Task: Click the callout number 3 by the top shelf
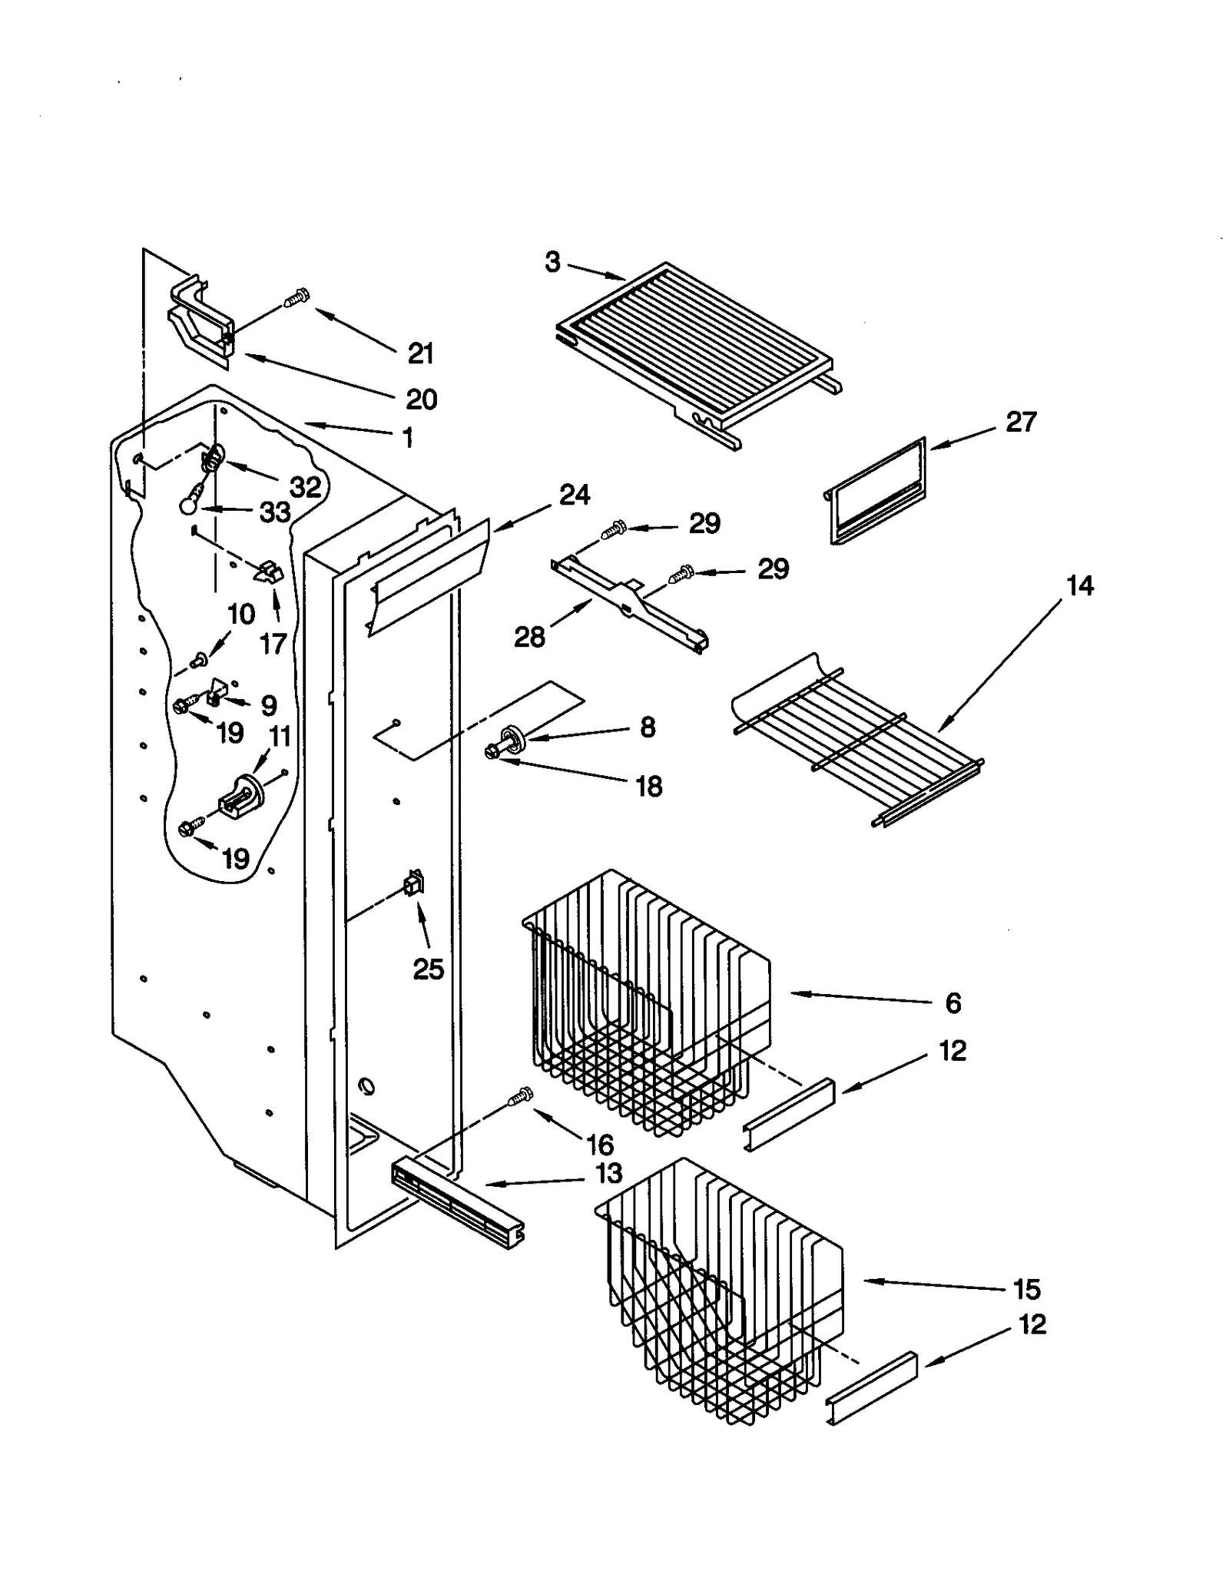click(552, 263)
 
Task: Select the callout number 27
click(1021, 422)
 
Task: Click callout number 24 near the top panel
click(575, 495)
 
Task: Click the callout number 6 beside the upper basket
click(952, 1002)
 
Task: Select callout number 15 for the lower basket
click(1026, 1288)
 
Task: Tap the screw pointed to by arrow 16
click(520, 1096)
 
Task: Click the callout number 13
click(608, 1173)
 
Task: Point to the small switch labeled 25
click(414, 885)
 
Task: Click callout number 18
click(649, 786)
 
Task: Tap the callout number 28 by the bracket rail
click(529, 636)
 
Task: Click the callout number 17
click(273, 643)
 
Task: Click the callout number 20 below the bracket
click(421, 399)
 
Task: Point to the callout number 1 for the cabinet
click(408, 438)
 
